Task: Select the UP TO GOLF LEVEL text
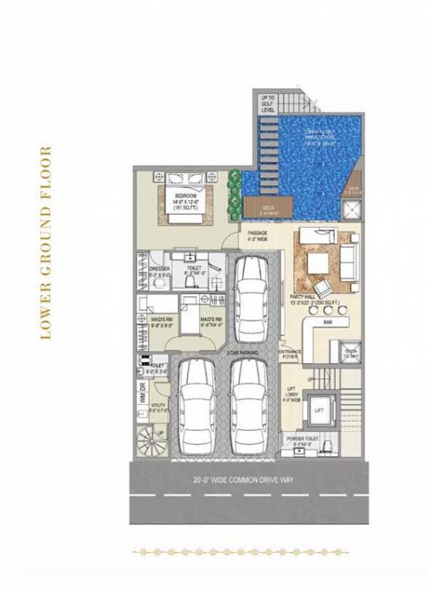[x=267, y=103]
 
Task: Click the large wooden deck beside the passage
[x=266, y=205]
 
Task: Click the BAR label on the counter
[x=328, y=321]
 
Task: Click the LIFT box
[x=319, y=411]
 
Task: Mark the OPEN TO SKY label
[x=350, y=352]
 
